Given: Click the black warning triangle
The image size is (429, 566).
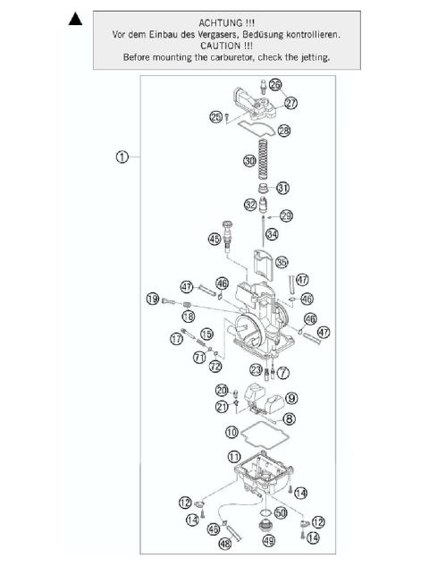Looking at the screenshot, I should pyautogui.click(x=78, y=20).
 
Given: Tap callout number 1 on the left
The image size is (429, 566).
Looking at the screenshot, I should pyautogui.click(x=122, y=156).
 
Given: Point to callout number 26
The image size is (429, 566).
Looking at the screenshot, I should pyautogui.click(x=274, y=85).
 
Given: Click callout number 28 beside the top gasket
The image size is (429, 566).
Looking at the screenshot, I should pyautogui.click(x=284, y=131).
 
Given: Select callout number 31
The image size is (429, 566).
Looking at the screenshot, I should pyautogui.click(x=282, y=188).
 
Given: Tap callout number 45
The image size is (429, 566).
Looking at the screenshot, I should pyautogui.click(x=214, y=239).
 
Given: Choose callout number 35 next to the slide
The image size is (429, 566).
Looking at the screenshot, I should pyautogui.click(x=282, y=263).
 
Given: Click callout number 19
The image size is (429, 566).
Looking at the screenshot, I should pyautogui.click(x=154, y=299).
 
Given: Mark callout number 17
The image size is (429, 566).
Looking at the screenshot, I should pyautogui.click(x=177, y=338).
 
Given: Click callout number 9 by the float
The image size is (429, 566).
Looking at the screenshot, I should pyautogui.click(x=291, y=398).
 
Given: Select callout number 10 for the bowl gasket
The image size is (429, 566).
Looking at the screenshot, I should pyautogui.click(x=231, y=432).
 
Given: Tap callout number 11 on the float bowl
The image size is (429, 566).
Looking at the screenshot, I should pyautogui.click(x=233, y=458).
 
